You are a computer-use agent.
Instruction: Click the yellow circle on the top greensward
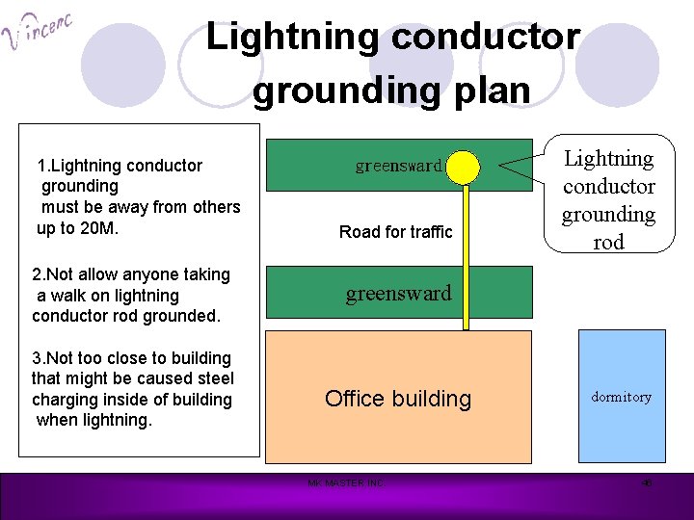click(466, 166)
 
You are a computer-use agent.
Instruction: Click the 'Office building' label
click(398, 399)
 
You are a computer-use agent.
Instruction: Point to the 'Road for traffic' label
click(395, 232)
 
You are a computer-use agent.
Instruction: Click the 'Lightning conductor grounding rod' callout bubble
click(608, 199)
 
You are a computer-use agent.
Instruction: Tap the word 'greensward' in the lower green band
click(398, 294)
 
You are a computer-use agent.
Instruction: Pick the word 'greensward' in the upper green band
click(398, 166)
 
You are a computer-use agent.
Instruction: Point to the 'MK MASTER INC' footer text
click(345, 482)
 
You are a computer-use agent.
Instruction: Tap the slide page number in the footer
click(648, 482)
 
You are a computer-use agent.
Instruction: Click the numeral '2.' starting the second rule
click(40, 275)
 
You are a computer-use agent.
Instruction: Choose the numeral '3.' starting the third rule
click(40, 358)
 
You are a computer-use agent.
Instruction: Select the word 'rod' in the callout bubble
click(608, 242)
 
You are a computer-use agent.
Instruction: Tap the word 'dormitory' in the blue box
click(621, 397)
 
